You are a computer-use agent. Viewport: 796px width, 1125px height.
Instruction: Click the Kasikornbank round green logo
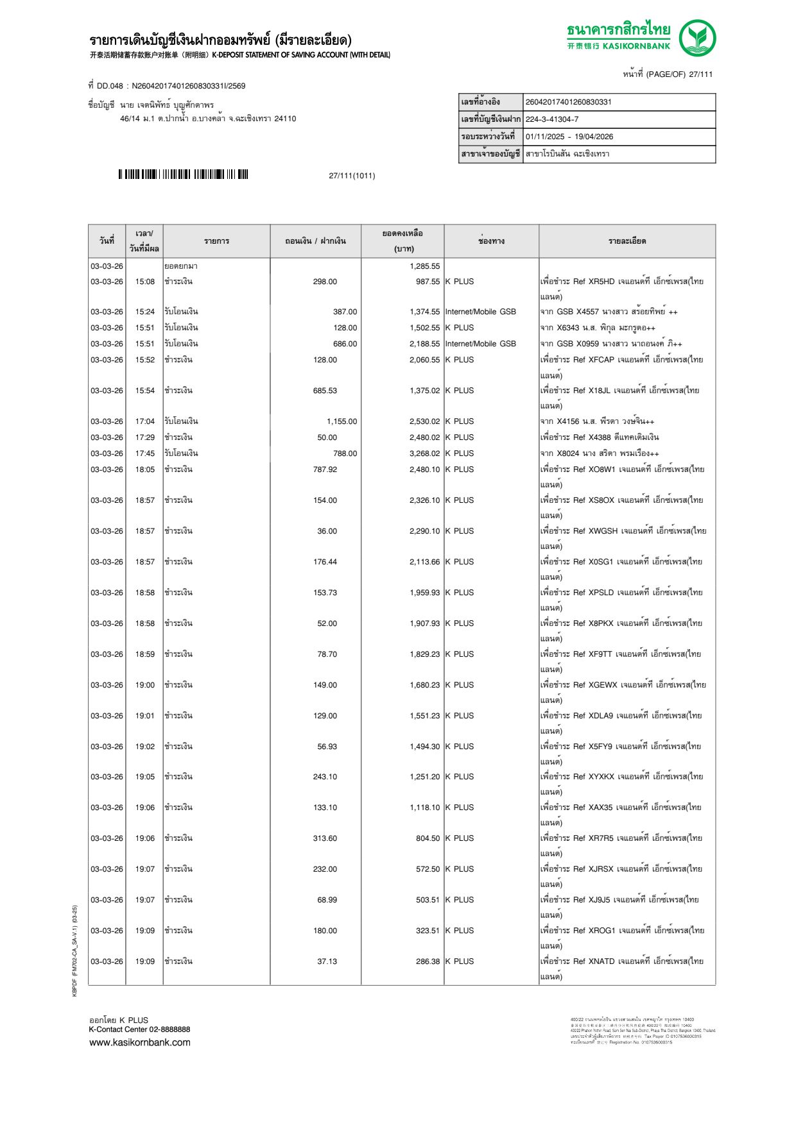697,37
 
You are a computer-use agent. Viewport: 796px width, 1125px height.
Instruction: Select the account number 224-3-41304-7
551,119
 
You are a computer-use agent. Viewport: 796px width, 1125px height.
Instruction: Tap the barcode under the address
183,174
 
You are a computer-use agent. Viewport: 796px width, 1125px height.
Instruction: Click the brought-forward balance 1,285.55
424,266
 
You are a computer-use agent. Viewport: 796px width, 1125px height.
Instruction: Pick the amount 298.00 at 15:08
325,282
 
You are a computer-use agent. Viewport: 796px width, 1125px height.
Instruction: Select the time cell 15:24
144,312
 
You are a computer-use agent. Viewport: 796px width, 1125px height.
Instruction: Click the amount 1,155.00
342,421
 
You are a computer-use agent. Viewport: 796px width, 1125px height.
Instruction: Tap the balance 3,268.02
424,453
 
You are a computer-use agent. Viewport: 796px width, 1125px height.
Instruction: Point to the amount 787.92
325,469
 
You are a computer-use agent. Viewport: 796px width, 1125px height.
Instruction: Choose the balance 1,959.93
424,593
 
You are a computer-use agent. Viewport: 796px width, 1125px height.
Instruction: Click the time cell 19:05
144,777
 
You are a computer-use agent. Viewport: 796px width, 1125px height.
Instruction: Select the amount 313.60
325,838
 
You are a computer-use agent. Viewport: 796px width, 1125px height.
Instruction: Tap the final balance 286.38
428,961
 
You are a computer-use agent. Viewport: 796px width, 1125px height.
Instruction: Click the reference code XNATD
601,961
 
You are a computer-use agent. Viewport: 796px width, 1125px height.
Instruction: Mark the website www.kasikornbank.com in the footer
140,1042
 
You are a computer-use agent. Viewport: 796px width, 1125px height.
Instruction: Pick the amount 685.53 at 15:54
325,391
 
